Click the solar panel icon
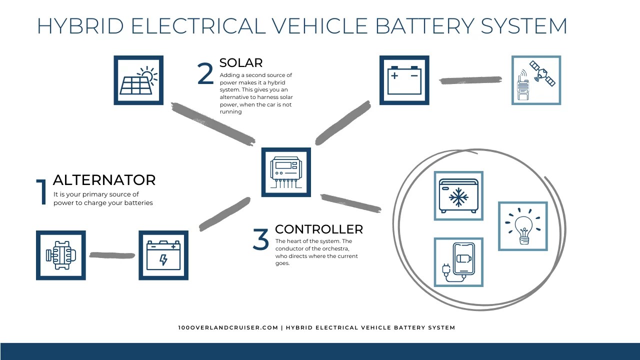pos(138,80)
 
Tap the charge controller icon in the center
pos(286,172)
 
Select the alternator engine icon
pos(61,255)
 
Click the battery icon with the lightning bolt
pos(163,255)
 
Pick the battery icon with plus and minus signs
pos(404,80)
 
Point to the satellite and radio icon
pos(536,80)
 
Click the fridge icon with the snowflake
pos(458,195)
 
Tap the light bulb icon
pos(522,226)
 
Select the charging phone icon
pos(458,262)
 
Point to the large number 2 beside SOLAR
pos(205,74)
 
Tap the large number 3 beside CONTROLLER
pos(260,239)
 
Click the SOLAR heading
pos(241,63)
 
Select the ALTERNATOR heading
pos(104,180)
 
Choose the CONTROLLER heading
pos(319,229)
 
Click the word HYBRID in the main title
pos(80,26)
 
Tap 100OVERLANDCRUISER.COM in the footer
pos(227,328)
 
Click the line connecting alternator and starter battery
pos(112,255)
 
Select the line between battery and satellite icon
pos(470,80)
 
